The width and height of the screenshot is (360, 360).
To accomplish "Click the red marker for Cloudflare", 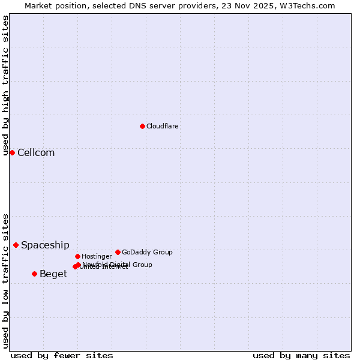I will [142, 126].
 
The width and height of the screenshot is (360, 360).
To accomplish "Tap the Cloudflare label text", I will [162, 126].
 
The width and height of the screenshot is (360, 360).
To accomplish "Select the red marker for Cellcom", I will [12, 152].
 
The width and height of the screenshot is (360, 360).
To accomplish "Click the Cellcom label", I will [36, 152].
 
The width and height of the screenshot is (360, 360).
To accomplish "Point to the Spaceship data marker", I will [16, 245].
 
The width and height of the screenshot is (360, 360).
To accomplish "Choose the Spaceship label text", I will [45, 245].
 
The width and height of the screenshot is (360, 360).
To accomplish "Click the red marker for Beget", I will [34, 274].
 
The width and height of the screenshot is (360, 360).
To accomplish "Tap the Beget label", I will [53, 274].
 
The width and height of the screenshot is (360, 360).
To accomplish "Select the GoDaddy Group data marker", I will [118, 252].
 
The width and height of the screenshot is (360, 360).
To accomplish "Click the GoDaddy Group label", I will [147, 252].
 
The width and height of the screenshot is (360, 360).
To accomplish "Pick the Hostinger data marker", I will [77, 256].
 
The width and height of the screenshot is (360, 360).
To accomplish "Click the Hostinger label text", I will [97, 256].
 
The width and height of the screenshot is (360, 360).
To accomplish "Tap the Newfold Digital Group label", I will [118, 264].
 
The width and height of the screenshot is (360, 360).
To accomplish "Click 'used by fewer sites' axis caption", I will [62, 355].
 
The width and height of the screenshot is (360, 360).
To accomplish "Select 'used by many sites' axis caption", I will [301, 355].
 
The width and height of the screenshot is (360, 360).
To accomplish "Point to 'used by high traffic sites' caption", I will [5, 85].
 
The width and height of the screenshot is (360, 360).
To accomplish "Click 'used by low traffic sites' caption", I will [5, 281].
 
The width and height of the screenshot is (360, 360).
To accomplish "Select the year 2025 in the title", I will [266, 5].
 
